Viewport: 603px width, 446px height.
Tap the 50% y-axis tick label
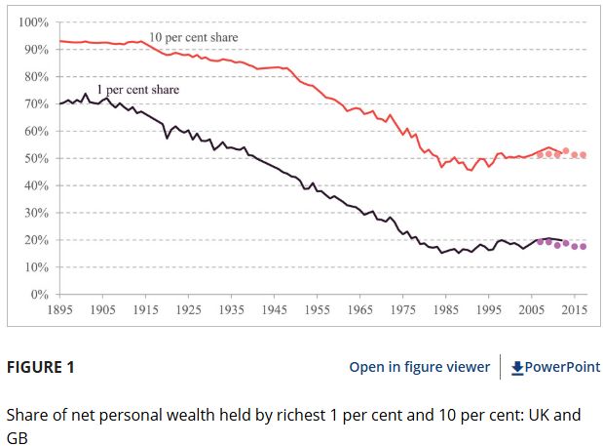pos(36,158)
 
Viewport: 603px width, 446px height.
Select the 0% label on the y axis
pos(40,294)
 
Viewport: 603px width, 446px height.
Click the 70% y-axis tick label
pos(36,103)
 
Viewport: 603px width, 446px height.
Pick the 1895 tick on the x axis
pos(60,309)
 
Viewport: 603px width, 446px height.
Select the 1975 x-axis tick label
pos(402,309)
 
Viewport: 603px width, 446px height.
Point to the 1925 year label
pos(189,309)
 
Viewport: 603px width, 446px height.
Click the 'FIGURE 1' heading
pos(41,367)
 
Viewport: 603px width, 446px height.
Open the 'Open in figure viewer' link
pos(420,367)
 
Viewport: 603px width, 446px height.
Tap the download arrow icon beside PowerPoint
pos(517,367)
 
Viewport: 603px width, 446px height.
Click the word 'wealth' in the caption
pos(192,415)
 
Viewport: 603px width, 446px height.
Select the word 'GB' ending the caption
pos(18,437)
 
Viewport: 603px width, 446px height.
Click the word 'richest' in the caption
pos(291,415)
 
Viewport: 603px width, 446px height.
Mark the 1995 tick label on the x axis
pos(488,309)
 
